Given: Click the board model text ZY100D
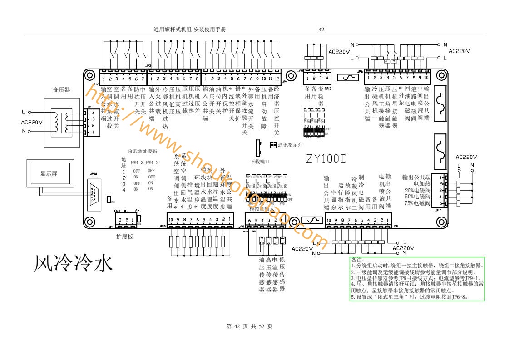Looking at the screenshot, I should click(x=326, y=159).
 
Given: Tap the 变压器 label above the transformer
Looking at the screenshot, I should click(x=61, y=89).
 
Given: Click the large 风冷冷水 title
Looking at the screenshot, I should click(x=72, y=264).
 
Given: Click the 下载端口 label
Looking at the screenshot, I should click(x=260, y=162).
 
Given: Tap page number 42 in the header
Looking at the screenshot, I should click(x=321, y=30).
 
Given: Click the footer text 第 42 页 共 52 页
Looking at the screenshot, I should click(x=249, y=326).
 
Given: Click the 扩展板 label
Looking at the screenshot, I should click(x=124, y=237).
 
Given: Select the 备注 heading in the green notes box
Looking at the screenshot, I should click(x=358, y=259).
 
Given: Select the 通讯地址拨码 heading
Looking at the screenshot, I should click(x=142, y=151).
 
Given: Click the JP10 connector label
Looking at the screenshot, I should click(x=163, y=226).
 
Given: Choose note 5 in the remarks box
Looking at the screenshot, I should click(x=409, y=297).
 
